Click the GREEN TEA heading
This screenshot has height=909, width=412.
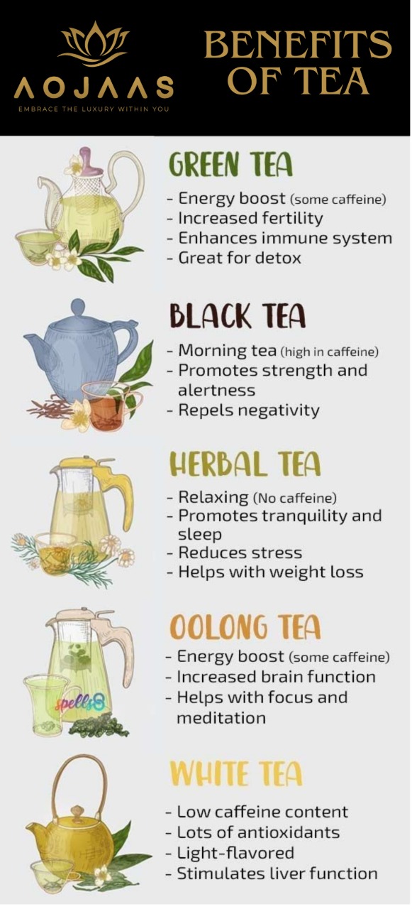click(230, 165)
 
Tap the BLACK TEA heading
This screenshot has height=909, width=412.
click(238, 315)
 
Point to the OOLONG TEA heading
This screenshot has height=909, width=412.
click(245, 627)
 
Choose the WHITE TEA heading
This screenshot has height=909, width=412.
click(235, 774)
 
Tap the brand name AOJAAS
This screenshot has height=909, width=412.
click(94, 88)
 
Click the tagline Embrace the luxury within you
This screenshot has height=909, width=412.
click(94, 109)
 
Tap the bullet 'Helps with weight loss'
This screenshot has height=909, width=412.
click(265, 572)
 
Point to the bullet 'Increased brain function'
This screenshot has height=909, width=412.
click(270, 677)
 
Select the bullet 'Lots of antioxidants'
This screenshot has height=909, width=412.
click(252, 832)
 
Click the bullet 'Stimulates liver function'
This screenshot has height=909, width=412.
click(271, 873)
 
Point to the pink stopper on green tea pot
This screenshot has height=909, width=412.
click(87, 160)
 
